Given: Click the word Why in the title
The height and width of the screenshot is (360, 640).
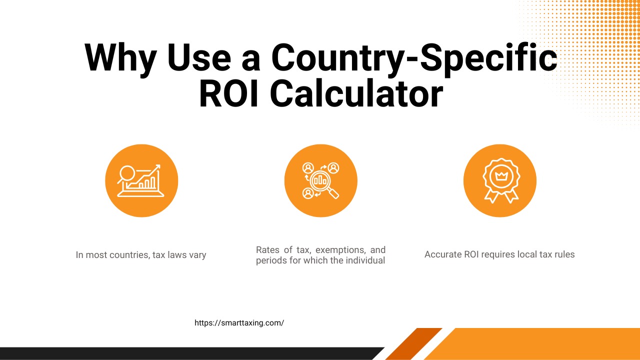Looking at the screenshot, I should coord(120,58).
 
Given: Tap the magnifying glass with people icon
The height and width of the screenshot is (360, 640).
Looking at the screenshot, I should coord(320,180).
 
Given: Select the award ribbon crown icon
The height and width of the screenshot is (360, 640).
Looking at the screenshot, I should coord(499,180).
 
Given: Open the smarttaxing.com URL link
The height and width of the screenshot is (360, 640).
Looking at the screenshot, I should coord(239,323).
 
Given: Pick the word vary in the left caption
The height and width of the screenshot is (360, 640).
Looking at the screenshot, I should coord(197,255).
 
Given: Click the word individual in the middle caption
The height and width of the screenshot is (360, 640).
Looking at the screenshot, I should coord(366,260).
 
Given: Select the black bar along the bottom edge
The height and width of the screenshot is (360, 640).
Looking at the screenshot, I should coord(190,353).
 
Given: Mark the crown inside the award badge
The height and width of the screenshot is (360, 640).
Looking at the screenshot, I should coord(499,175).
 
